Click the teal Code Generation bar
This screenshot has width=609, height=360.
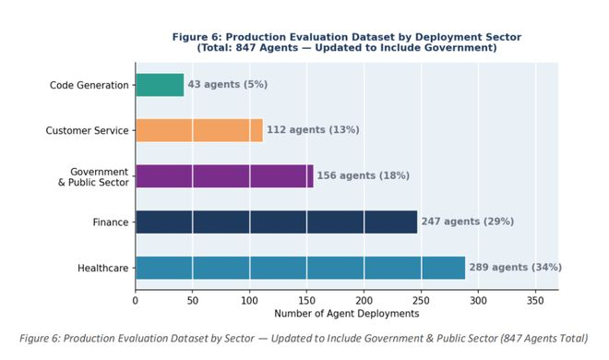160,85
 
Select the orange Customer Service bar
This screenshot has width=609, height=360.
199,130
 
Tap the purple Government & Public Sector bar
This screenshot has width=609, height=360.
224,176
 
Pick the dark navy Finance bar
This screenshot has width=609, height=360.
277,222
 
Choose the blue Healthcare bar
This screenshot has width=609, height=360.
300,268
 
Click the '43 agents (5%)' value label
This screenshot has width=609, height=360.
228,84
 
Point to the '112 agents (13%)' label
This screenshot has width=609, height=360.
313,130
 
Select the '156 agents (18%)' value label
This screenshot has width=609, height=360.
364,175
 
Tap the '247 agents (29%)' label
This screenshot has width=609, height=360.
468,222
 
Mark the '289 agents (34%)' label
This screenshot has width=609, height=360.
516,267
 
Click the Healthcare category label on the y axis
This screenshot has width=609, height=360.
103,268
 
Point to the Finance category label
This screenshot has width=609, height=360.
111,222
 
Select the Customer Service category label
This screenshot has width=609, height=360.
87,130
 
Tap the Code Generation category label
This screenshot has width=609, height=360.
89,85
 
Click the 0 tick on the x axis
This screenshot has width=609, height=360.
135,301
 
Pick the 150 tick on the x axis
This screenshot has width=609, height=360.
307,301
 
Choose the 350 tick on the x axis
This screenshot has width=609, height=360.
535,301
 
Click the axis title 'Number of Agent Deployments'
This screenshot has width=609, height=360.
347,314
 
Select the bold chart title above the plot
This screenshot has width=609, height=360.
347,42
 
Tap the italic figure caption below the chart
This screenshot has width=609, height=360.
304,338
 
